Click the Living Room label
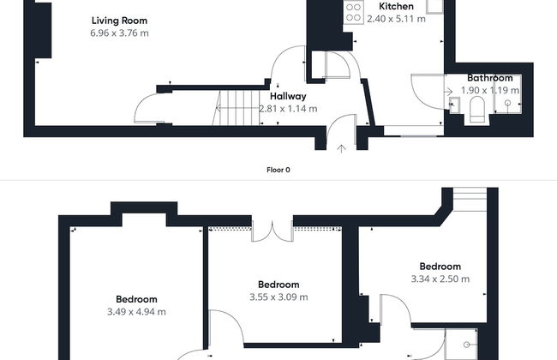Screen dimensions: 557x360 tap(119, 21)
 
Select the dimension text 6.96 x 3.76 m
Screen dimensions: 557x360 tap(119, 33)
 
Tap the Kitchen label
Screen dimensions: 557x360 tap(396, 6)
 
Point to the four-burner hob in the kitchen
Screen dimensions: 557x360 tap(353, 13)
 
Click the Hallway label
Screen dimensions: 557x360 tap(288, 96)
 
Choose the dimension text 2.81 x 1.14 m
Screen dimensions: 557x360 tap(288, 109)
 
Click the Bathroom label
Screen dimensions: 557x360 tap(490, 78)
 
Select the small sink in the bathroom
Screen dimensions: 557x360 tap(454, 105)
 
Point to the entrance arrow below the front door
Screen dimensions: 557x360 tap(341, 148)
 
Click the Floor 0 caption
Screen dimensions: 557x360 tap(278, 170)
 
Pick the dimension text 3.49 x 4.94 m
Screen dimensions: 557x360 tap(136, 312)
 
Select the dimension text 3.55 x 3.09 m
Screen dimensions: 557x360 tap(278, 297)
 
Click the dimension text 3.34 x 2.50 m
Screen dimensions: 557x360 tap(440, 279)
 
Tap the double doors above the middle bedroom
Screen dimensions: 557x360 tap(273, 231)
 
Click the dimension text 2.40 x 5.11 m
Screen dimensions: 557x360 tap(396, 19)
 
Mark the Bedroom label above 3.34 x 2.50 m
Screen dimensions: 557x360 tap(440, 267)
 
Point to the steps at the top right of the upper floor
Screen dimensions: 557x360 tap(470, 199)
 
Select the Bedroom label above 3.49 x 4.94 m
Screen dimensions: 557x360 tap(136, 299)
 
